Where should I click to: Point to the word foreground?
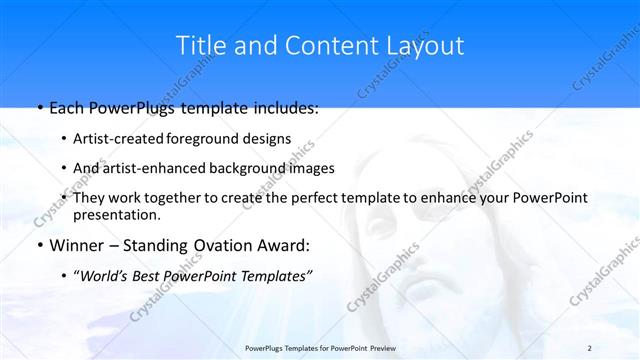pyautogui.click(x=204, y=139)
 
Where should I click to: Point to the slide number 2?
pyautogui.click(x=589, y=347)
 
